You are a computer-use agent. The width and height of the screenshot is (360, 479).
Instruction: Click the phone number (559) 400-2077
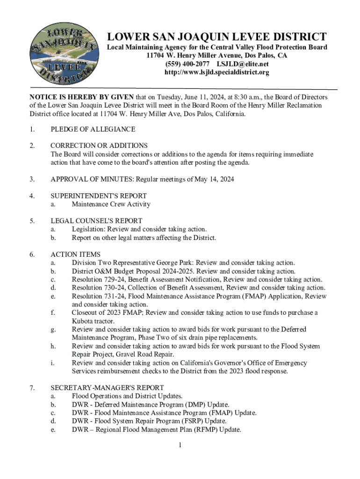coord(186,64)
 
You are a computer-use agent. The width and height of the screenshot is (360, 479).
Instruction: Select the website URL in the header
coord(216,73)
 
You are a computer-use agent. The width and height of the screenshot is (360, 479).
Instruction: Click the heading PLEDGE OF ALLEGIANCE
coord(93,129)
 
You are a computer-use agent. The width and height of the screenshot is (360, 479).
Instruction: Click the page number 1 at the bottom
coord(180,444)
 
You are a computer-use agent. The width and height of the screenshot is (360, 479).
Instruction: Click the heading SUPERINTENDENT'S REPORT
coord(99,196)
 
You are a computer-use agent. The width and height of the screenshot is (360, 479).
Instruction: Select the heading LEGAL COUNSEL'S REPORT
coord(96,221)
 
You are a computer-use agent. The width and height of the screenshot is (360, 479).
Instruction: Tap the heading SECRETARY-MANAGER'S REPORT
coord(107,388)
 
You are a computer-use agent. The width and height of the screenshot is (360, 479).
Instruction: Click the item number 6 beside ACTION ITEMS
coord(32,254)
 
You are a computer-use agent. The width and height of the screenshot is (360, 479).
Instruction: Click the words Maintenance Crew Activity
coord(111,204)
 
